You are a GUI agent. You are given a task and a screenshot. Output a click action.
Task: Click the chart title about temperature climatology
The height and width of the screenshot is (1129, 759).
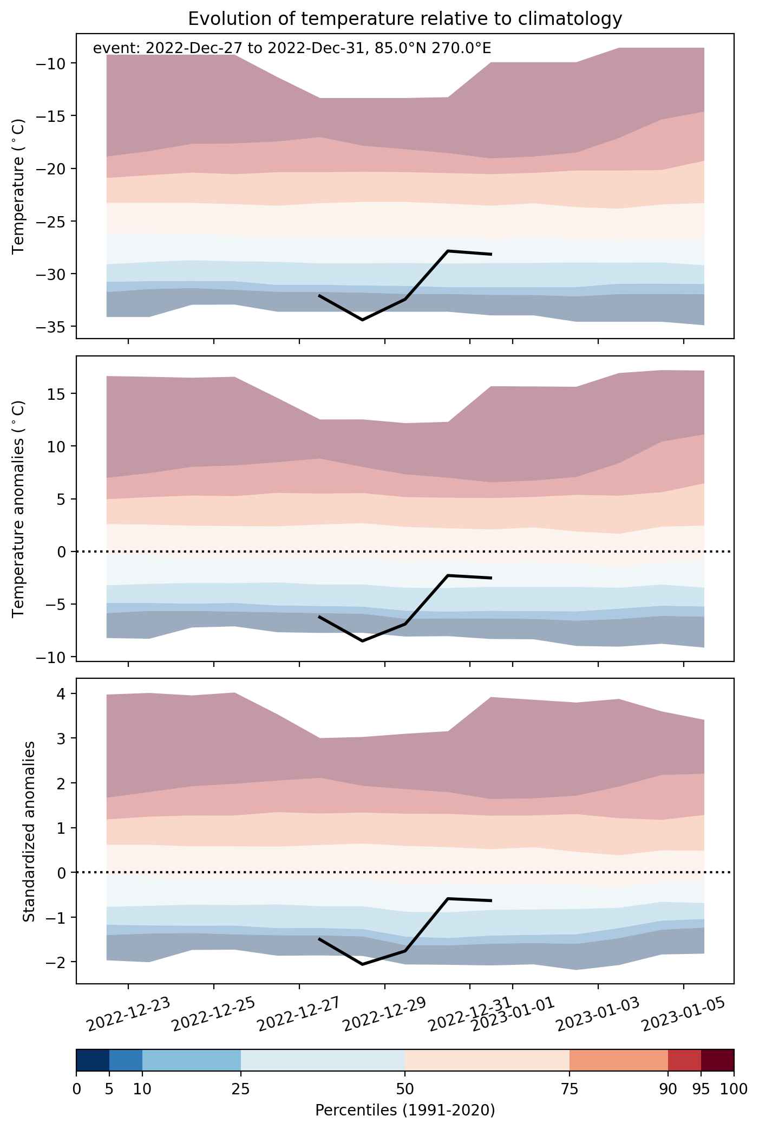click(x=405, y=19)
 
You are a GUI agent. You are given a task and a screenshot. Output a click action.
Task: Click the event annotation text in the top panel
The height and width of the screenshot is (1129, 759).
click(x=292, y=48)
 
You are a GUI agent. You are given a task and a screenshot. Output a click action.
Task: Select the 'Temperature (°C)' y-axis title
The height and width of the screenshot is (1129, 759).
click(x=19, y=186)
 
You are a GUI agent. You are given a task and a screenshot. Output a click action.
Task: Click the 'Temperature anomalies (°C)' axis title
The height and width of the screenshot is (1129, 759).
click(x=19, y=508)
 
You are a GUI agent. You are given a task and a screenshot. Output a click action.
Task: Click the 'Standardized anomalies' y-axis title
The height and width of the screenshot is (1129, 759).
click(x=29, y=831)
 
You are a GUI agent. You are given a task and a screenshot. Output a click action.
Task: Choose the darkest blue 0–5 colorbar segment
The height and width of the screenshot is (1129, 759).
click(x=93, y=1060)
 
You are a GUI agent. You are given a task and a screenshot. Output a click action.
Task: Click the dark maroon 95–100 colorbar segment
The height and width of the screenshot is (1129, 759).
click(x=717, y=1060)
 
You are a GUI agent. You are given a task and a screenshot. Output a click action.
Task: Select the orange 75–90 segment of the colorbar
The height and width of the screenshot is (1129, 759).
click(x=619, y=1060)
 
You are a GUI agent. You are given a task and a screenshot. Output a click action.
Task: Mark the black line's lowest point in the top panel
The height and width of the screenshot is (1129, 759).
click(x=362, y=320)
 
